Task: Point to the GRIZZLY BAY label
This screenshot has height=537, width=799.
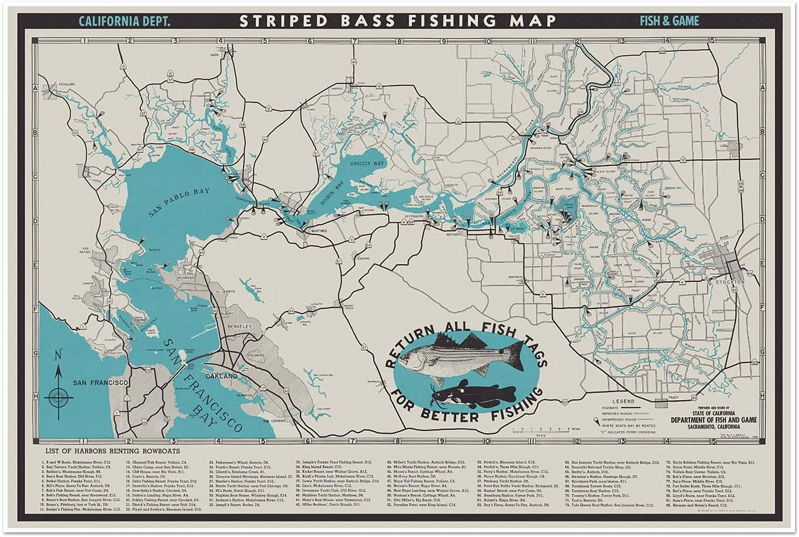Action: point(367,164)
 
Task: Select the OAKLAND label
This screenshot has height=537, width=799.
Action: point(221,376)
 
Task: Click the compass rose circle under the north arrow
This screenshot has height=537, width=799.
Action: point(59,397)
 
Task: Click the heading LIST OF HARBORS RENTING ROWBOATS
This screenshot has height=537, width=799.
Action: point(112,451)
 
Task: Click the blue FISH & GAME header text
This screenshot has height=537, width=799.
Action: point(669,21)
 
